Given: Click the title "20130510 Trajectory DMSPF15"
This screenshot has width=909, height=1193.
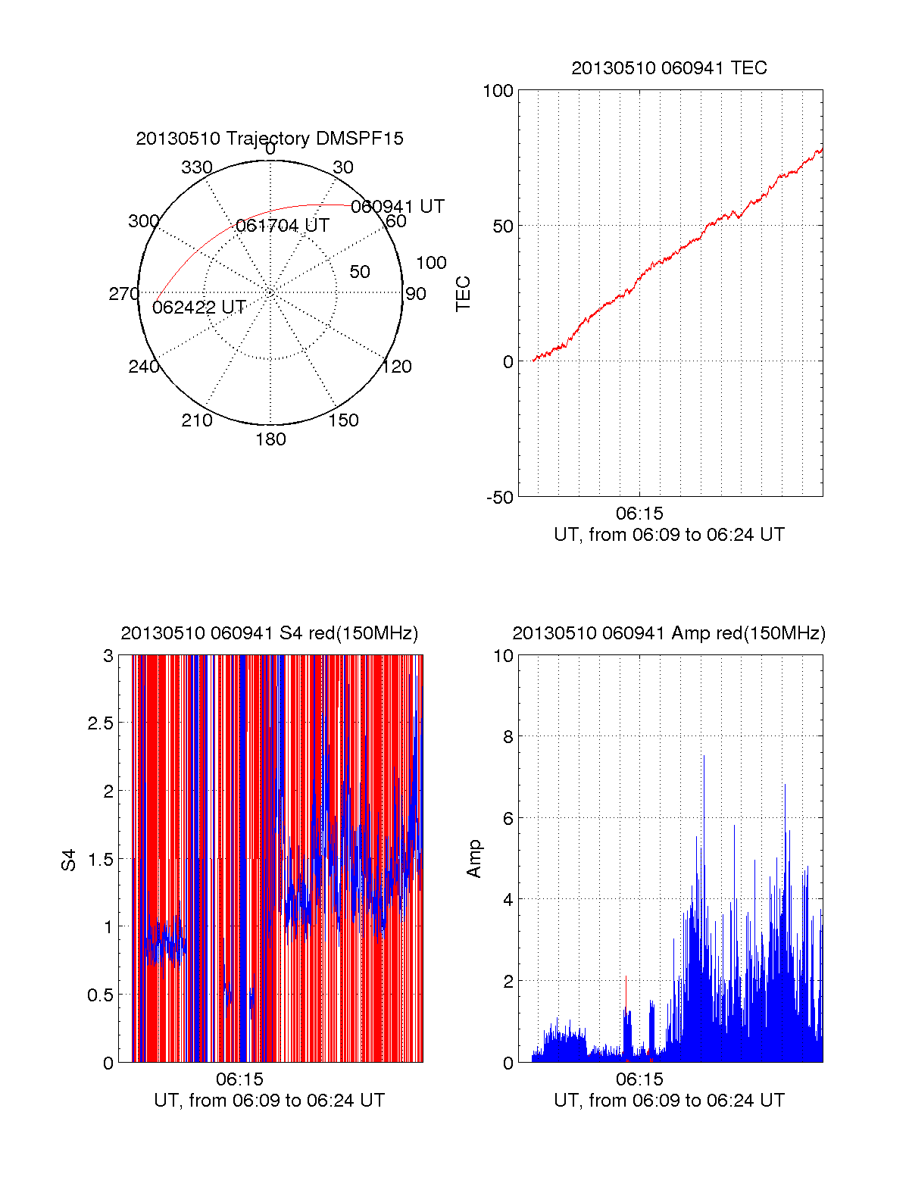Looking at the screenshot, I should (x=270, y=139).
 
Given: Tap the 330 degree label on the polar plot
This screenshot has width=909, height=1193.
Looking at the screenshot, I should (x=197, y=167).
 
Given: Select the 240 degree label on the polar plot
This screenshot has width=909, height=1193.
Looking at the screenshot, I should (x=143, y=367).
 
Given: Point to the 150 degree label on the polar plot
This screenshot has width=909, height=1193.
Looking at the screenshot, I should (x=343, y=420).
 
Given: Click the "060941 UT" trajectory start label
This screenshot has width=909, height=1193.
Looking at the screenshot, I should (x=398, y=207).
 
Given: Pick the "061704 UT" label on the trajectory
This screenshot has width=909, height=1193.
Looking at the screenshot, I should (x=283, y=226).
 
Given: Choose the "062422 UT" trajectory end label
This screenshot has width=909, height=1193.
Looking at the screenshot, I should (x=199, y=308).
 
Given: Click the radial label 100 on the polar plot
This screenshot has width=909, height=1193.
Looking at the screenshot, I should (x=431, y=263).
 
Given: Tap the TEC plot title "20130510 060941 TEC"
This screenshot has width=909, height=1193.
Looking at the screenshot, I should (x=669, y=68).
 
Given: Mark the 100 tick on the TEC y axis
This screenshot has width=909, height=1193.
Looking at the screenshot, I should (x=498, y=91).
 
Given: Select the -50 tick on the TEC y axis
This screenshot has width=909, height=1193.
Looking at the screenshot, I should (x=499, y=498).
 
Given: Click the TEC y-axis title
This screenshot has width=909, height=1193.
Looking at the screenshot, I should (x=463, y=294).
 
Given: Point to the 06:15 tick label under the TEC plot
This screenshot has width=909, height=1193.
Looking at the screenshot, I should (x=639, y=514).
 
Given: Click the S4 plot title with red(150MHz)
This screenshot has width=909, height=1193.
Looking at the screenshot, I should (x=270, y=633).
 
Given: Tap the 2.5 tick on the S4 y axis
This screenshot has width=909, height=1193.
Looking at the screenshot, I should (x=100, y=723).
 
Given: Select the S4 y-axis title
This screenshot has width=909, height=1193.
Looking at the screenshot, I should (x=69, y=860).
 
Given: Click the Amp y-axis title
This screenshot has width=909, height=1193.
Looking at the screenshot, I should (x=474, y=859).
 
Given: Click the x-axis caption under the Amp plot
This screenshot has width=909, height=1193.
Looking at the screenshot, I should (x=669, y=1101).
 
